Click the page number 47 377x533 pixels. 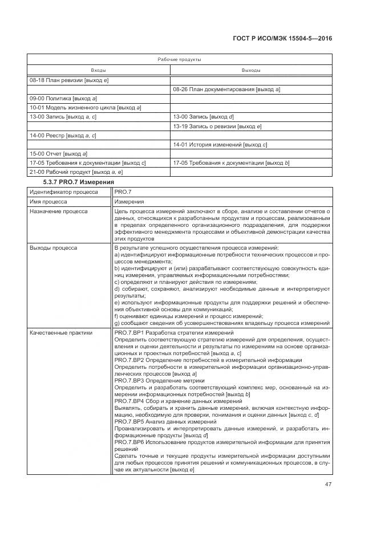[327, 484]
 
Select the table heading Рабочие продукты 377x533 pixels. [179, 59]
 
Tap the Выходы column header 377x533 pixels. [251, 70]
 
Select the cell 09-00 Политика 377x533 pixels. [63, 99]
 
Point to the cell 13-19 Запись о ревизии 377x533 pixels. [217, 126]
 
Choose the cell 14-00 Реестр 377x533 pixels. [62, 135]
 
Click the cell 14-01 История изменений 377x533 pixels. [220, 144]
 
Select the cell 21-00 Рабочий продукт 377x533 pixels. [76, 172]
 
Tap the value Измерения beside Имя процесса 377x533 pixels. [129, 201]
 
